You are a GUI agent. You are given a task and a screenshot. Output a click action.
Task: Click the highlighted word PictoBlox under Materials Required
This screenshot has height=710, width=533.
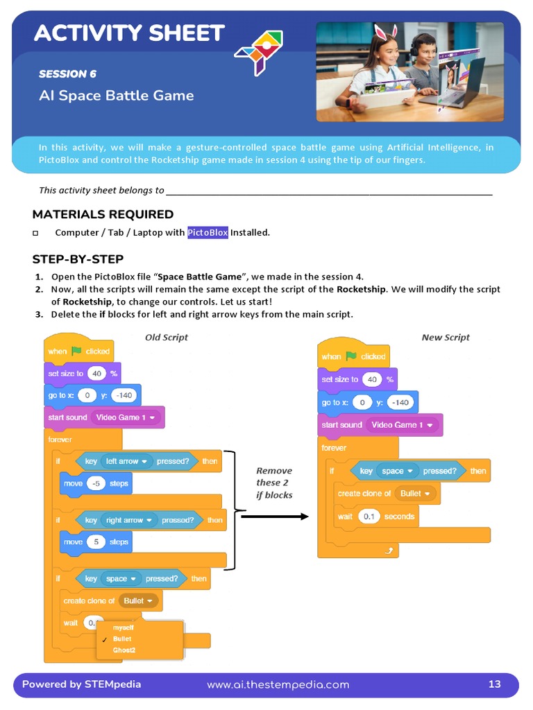pos(208,232)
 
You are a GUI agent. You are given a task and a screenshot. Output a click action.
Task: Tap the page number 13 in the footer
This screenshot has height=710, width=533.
pos(494,684)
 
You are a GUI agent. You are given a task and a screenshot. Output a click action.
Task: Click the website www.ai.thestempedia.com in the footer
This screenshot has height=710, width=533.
pos(278,685)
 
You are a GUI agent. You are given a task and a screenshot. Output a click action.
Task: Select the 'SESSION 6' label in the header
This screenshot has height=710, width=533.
pos(67,74)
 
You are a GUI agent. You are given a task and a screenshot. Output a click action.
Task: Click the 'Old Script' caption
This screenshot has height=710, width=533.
pos(166,338)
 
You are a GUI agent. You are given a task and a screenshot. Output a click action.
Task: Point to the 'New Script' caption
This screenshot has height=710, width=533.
pos(445,338)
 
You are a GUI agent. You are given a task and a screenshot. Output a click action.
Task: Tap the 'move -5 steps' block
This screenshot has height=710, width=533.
pos(96,483)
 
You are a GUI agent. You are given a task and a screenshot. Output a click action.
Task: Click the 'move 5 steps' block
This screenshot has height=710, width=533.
pos(96,542)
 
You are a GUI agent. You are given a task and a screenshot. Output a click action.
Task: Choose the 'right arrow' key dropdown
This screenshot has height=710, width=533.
pos(129,520)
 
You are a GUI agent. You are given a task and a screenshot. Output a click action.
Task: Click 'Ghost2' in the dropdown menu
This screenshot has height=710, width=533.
pos(124,650)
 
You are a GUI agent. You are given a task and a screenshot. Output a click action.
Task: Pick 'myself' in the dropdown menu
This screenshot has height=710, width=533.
pos(124,627)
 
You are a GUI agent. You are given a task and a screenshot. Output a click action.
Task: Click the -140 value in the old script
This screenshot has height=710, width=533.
pos(125,396)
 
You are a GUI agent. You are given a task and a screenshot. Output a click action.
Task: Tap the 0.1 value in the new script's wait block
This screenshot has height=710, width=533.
pos(369,517)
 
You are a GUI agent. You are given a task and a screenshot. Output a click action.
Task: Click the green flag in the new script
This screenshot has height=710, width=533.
pos(351,356)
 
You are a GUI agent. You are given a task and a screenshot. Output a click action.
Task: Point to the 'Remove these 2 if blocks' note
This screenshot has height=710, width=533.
pos(274,483)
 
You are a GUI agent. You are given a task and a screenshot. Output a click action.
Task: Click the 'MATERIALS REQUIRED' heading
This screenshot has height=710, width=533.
pos(103,214)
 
